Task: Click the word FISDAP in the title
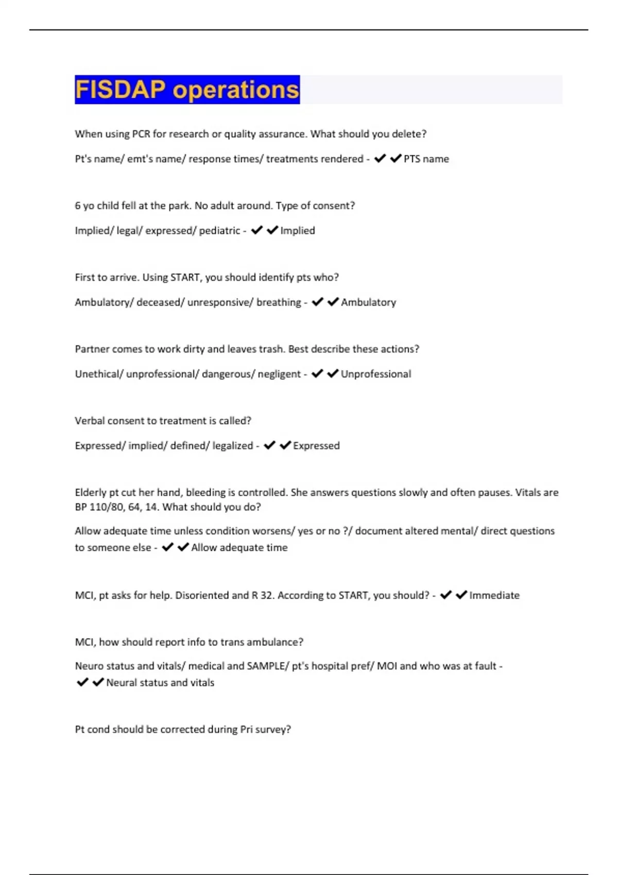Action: [x=120, y=90]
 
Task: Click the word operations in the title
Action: [x=235, y=91]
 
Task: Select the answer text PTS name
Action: [x=426, y=159]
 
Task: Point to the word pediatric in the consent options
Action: [x=219, y=231]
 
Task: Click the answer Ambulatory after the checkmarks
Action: [x=368, y=302]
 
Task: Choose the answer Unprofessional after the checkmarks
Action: [x=376, y=374]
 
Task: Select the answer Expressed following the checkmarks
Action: [x=316, y=446]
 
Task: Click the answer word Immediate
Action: [x=494, y=596]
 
